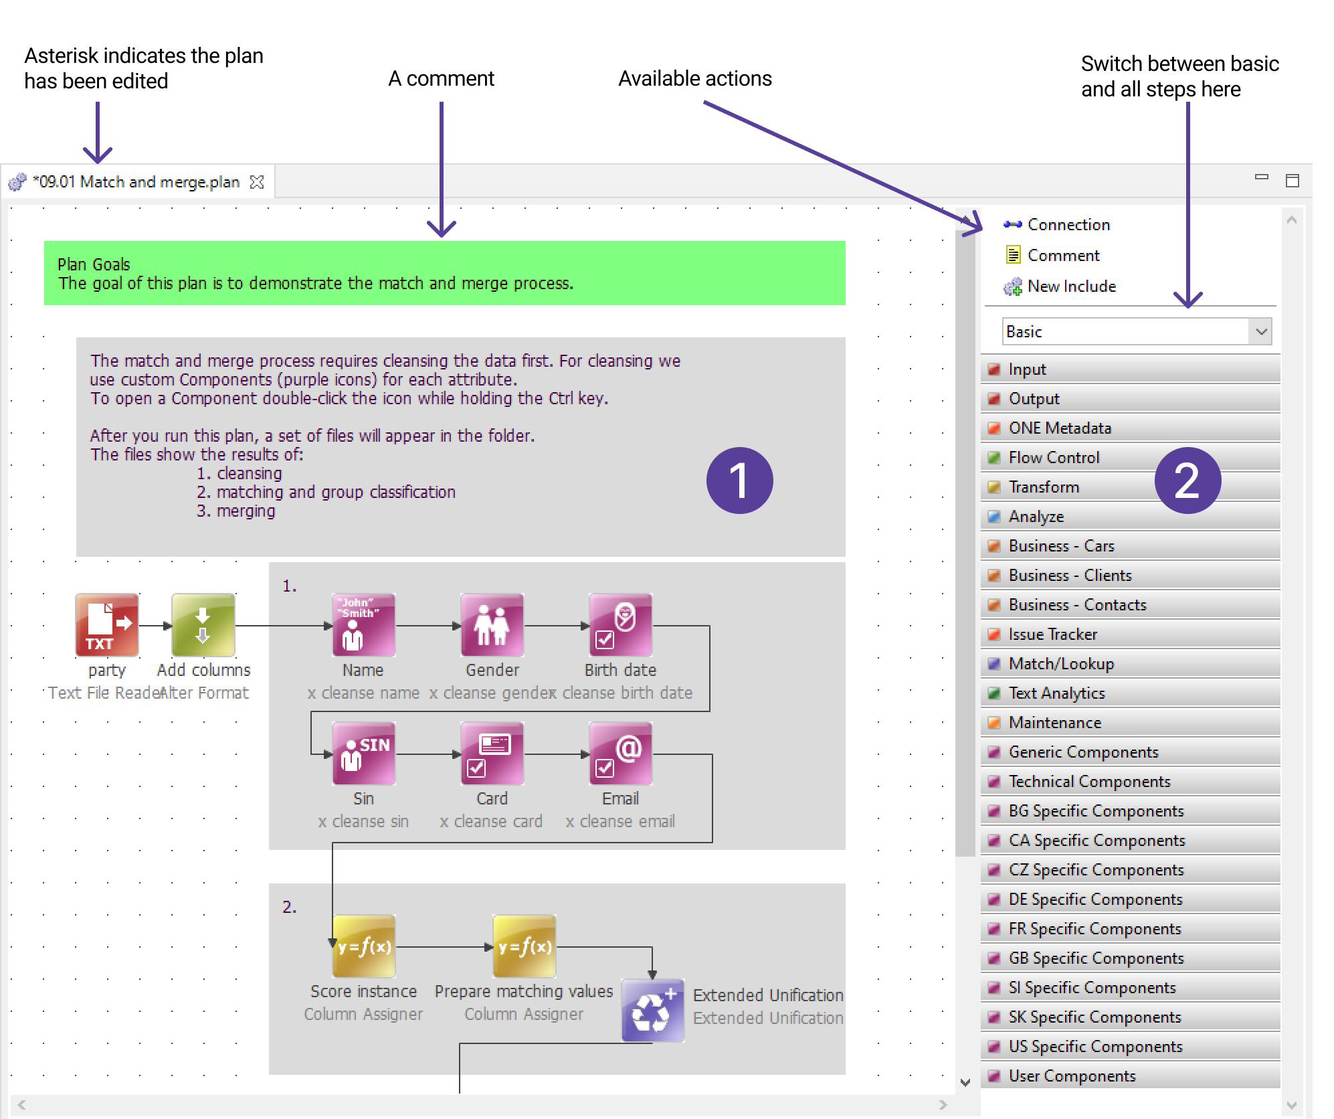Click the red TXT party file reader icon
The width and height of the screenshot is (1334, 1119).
[107, 624]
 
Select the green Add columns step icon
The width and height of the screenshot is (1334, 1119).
[203, 624]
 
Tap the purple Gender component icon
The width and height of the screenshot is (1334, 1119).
[492, 624]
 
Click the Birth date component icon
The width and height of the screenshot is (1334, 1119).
[620, 624]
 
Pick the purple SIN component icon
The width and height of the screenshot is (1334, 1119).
[363, 753]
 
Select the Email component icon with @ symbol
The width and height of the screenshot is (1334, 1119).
[620, 753]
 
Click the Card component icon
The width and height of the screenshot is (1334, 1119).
[492, 753]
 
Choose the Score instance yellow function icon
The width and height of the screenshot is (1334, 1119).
[363, 946]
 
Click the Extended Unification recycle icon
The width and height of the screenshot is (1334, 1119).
[652, 1011]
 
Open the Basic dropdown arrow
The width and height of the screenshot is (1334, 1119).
[1261, 332]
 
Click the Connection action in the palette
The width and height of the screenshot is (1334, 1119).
[1068, 225]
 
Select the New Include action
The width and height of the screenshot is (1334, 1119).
[1070, 286]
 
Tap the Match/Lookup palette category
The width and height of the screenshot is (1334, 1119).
[1061, 664]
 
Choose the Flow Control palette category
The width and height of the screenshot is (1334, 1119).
[1054, 458]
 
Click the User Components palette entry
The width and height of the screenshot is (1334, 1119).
[1072, 1076]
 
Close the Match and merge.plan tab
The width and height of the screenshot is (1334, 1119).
[257, 182]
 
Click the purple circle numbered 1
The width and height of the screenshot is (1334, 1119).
[739, 481]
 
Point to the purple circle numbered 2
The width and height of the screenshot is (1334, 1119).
[1187, 481]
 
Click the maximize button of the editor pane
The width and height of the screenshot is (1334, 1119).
[1293, 181]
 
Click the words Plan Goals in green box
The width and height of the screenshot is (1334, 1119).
[94, 264]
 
